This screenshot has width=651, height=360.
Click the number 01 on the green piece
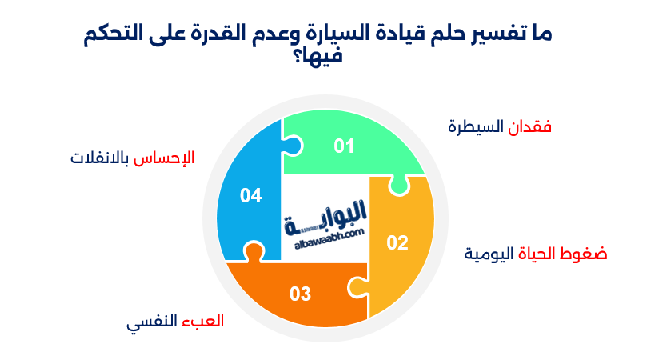click(x=344, y=146)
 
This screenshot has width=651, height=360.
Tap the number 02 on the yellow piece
click(x=397, y=242)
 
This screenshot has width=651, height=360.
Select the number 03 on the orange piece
click(x=300, y=294)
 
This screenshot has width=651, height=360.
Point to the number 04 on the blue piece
click(x=250, y=195)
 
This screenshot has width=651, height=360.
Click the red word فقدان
click(x=531, y=127)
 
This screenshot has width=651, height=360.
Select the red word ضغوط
click(x=588, y=254)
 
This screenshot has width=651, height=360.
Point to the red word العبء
click(x=206, y=322)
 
